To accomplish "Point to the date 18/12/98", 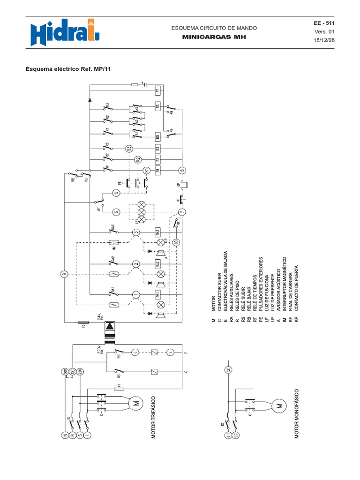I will pos(324,40).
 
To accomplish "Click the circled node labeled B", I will pos(183,170).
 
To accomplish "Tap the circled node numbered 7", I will pos(183,212).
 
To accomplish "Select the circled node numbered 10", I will pos(176,242).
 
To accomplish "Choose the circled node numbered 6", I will pos(116,212).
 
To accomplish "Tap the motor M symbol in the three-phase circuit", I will pos(135,403).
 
